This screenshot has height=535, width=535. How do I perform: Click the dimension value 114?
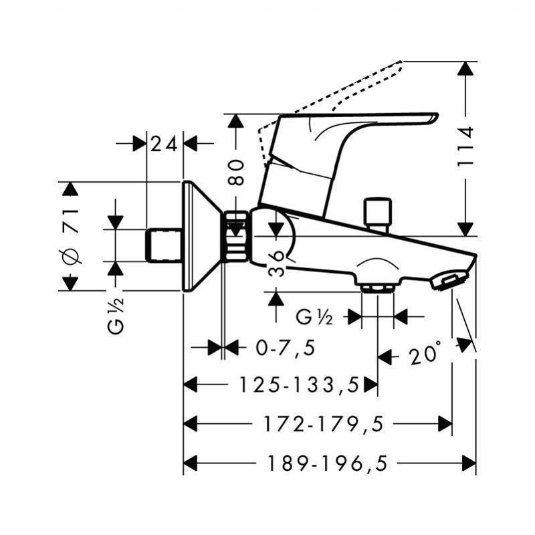(x=465, y=146)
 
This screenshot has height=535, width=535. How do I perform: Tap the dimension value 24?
(x=164, y=144)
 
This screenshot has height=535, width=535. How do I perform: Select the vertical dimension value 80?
(x=236, y=173)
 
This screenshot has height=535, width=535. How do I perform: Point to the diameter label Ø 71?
(x=71, y=237)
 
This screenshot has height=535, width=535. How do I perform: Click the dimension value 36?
(x=276, y=263)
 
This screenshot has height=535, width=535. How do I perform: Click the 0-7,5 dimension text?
(x=286, y=348)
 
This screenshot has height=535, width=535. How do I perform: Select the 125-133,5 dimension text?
(x=300, y=385)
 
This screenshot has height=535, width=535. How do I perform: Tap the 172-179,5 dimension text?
(x=324, y=424)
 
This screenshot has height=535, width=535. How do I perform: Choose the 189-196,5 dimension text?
(x=328, y=463)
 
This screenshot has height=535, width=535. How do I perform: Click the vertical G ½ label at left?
(x=116, y=316)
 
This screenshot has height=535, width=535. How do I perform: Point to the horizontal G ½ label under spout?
(x=314, y=317)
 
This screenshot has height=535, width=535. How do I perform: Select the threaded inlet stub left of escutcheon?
(x=163, y=245)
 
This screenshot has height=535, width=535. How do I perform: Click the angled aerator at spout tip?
(x=449, y=280)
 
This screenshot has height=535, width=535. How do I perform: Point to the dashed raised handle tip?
(x=397, y=66)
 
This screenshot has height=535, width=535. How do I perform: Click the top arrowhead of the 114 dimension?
(x=465, y=68)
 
